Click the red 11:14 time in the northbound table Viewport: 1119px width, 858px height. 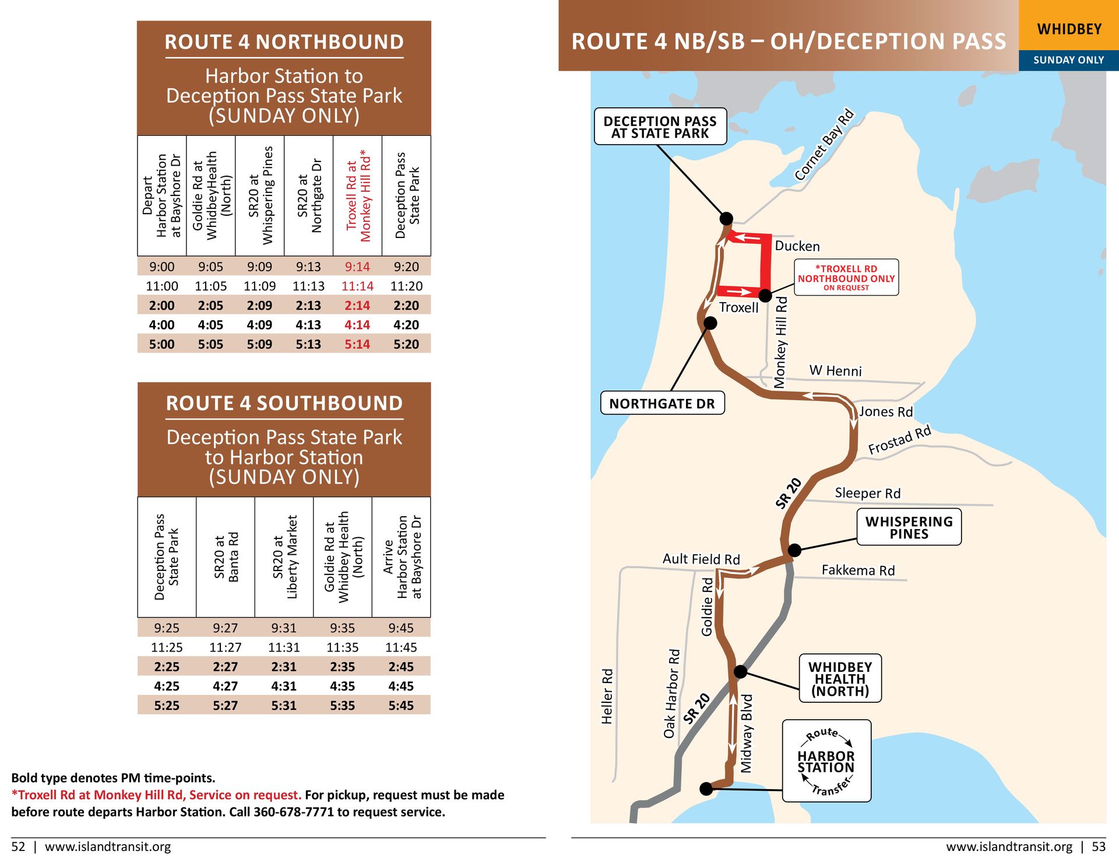pos(357,286)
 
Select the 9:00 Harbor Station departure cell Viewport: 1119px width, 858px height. pos(161,267)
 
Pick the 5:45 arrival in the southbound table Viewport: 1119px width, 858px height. pos(401,705)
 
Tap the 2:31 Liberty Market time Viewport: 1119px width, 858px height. pos(284,667)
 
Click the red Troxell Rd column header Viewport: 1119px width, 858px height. pos(358,195)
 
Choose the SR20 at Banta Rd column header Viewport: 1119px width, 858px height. pos(226,556)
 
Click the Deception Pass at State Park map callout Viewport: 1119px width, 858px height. pos(660,127)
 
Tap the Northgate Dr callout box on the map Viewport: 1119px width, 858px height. pos(662,403)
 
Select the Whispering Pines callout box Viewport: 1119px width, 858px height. pos(909,527)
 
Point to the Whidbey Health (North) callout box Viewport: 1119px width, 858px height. pos(840,678)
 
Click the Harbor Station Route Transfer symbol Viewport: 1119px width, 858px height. pos(826,761)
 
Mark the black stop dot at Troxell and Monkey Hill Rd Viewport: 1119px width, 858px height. pos(765,296)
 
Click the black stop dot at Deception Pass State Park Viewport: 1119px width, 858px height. pos(726,219)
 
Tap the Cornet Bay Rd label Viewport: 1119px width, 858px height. pos(824,145)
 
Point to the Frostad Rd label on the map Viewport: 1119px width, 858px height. pos(899,440)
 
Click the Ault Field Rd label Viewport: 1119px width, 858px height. pos(701,559)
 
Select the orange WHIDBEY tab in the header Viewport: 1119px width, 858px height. pos(1068,29)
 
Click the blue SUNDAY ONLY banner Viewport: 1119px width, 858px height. pos(1068,60)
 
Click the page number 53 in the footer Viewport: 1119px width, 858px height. pos(1098,846)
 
